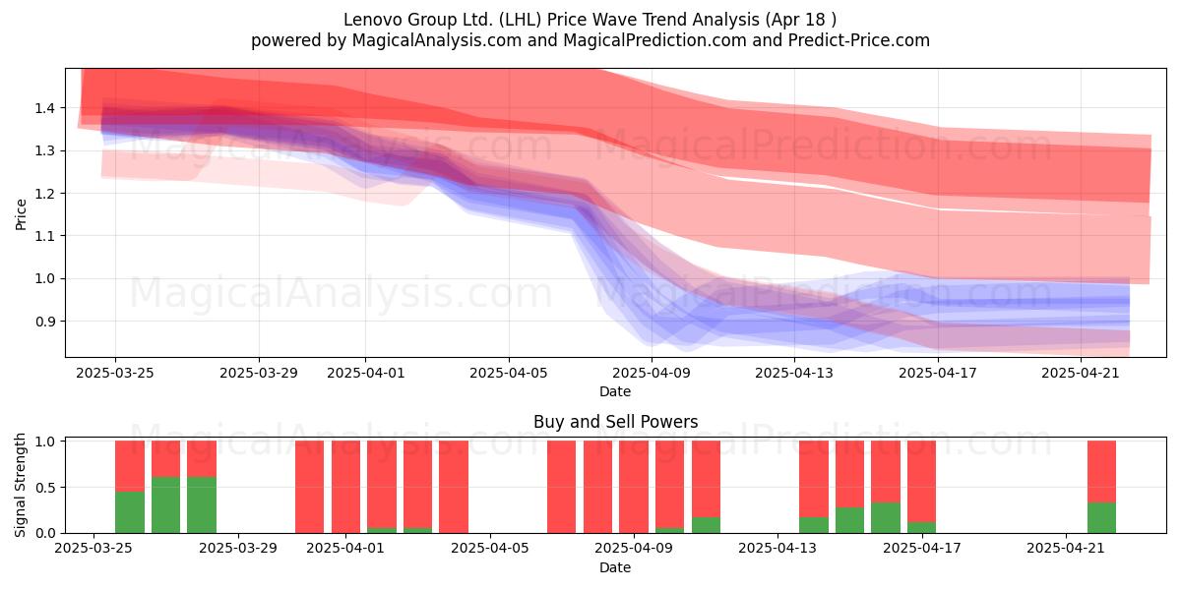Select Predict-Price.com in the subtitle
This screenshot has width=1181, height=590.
859,40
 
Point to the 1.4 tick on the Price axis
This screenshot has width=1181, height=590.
45,108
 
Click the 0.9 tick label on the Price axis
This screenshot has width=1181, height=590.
45,322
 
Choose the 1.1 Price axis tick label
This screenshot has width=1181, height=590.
45,236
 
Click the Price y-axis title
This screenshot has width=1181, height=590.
21,214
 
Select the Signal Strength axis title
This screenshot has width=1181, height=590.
20,485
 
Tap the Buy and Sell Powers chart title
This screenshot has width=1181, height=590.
615,422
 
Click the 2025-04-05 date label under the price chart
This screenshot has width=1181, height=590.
508,373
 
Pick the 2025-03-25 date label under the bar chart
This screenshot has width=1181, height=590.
93,548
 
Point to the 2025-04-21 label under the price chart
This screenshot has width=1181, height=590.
1081,373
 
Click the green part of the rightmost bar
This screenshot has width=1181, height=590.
1101,518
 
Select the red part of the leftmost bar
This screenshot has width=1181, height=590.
130,466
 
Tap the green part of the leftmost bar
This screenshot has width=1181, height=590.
130,512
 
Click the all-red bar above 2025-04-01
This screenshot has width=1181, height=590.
345,487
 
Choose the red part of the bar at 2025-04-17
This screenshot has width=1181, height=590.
921,482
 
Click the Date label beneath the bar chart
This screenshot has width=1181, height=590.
615,567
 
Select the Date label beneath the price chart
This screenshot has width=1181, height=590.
615,391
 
